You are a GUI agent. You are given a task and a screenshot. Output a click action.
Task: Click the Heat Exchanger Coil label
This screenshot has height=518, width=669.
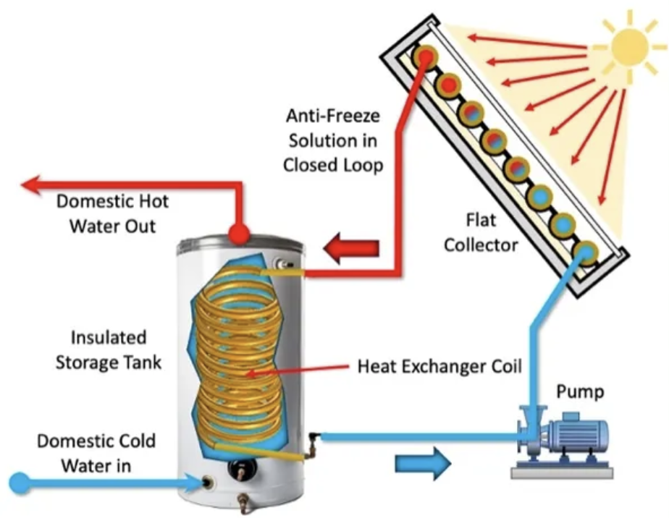pyautogui.click(x=439, y=366)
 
